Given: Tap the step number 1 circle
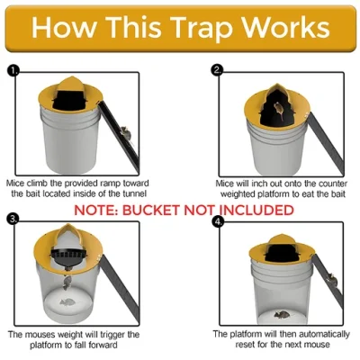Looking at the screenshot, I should point(13,69).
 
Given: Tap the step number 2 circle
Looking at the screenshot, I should point(217,69).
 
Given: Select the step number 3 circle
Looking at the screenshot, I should point(13,219).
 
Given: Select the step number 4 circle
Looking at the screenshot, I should point(217,219).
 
